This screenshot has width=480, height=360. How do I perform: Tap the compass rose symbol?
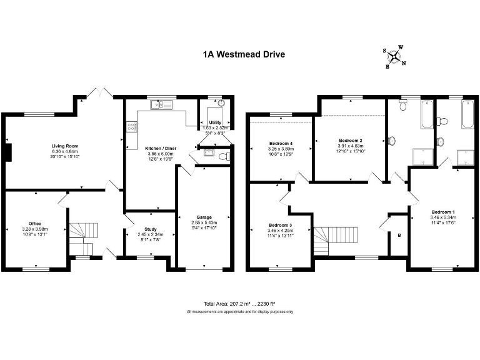[395, 57]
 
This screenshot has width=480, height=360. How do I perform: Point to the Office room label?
[34, 223]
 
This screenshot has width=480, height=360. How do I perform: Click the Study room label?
[150, 229]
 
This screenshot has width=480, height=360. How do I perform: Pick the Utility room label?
[216, 123]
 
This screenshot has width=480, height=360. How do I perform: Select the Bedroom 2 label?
[351, 140]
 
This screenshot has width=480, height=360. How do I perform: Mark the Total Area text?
[239, 302]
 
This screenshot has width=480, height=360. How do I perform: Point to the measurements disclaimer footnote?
[239, 311]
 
